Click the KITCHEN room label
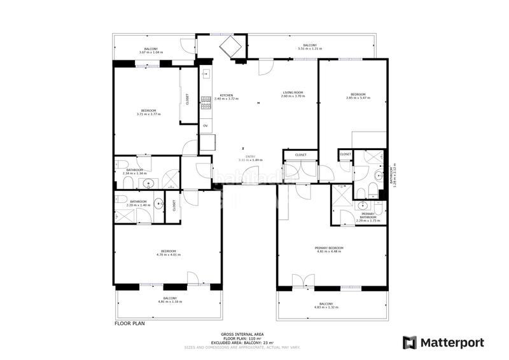tap(226, 95)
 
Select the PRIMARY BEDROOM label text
tap(329, 247)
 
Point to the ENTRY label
tap(250, 156)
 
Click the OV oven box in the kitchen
tap(205, 126)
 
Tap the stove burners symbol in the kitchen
tap(206, 102)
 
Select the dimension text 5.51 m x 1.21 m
tap(310, 49)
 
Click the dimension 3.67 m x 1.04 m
tap(151, 52)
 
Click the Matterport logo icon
tap(410, 342)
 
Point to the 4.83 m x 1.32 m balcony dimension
tap(326, 307)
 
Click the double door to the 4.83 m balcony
tap(303, 282)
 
